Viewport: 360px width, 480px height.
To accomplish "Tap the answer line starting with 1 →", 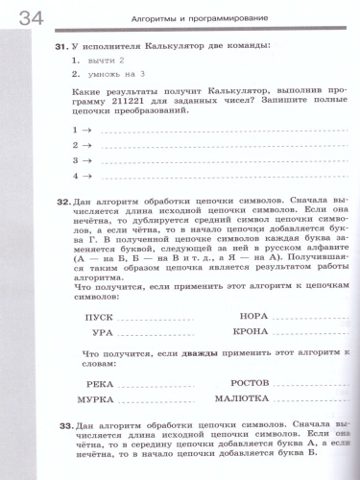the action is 192,128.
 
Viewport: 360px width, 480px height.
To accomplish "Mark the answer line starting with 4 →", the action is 192,177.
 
